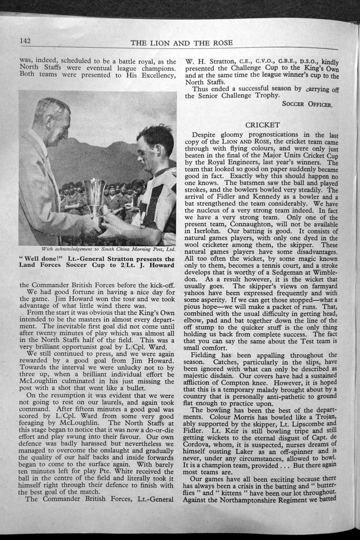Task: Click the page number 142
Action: [x=26, y=41]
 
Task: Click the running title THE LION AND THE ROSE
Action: [x=182, y=43]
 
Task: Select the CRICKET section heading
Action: [x=262, y=125]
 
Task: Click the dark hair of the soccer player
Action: [x=156, y=138]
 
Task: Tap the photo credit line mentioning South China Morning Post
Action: [x=97, y=250]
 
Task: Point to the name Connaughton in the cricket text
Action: [x=250, y=224]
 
